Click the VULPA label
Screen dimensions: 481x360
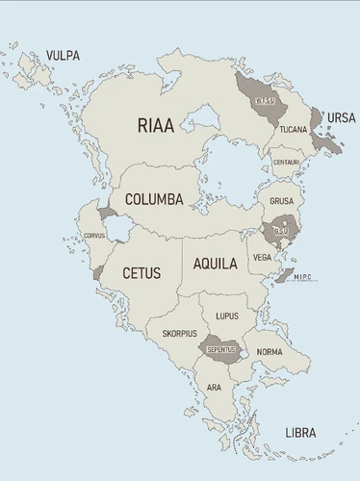pyautogui.click(x=63, y=55)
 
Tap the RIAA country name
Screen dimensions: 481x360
pyautogui.click(x=157, y=124)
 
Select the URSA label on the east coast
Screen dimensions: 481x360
pyautogui.click(x=341, y=117)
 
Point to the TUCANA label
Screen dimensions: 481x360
pyautogui.click(x=294, y=129)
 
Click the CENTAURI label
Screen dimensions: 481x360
pyautogui.click(x=286, y=162)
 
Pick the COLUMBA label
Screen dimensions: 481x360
pyautogui.click(x=154, y=200)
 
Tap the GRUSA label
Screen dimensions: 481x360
pyautogui.click(x=281, y=202)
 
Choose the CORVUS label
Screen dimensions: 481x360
pyautogui.click(x=94, y=235)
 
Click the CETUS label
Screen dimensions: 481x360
pyautogui.click(x=141, y=273)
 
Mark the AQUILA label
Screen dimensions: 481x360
pyautogui.click(x=215, y=264)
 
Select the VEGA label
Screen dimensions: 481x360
pyautogui.click(x=262, y=257)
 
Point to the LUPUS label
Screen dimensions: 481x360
pyautogui.click(x=227, y=316)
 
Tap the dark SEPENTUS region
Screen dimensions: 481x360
pyautogui.click(x=219, y=348)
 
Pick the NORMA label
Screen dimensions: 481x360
pyautogui.click(x=270, y=352)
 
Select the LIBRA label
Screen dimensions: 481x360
pyautogui.click(x=300, y=434)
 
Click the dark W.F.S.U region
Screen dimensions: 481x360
pyautogui.click(x=263, y=98)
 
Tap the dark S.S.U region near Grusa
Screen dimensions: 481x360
pyautogui.click(x=280, y=232)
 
